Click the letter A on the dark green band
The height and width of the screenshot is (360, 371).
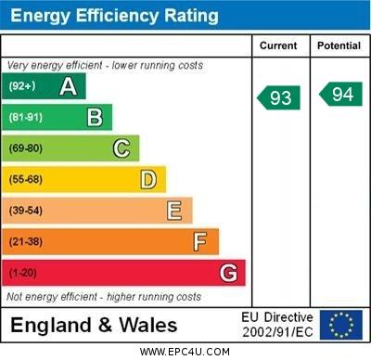68,86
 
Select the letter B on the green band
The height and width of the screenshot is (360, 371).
95,117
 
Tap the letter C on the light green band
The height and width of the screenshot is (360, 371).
122,148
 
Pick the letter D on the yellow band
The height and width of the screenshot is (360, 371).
148,179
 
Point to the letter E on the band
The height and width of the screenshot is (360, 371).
174,211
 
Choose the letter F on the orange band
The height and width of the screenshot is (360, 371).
200,242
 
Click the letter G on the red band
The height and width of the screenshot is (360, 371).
228,273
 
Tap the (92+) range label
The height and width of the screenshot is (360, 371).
22,86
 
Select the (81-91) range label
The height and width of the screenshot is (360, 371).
26,117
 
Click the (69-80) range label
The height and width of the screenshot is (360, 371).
26,148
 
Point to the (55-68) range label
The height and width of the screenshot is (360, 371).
26,179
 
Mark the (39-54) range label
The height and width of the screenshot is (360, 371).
26,211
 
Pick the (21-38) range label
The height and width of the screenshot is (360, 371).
26,242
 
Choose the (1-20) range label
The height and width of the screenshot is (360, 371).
23,274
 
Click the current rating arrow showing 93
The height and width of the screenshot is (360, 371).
279,97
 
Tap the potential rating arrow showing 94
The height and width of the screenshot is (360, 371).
339,94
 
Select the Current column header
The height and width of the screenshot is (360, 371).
278,45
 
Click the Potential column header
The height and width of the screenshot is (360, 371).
339,45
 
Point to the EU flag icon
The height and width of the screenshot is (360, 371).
340,325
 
